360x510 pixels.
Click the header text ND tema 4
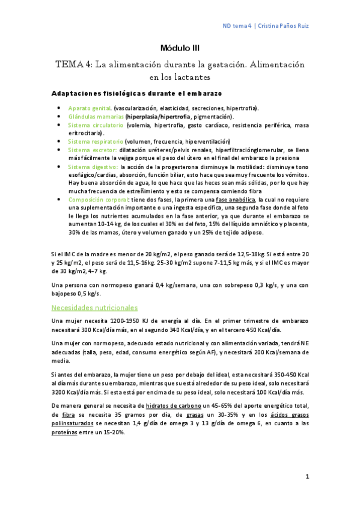pos(236,26)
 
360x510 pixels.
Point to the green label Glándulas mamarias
pos(96,116)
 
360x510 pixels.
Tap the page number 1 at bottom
pos(307,477)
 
